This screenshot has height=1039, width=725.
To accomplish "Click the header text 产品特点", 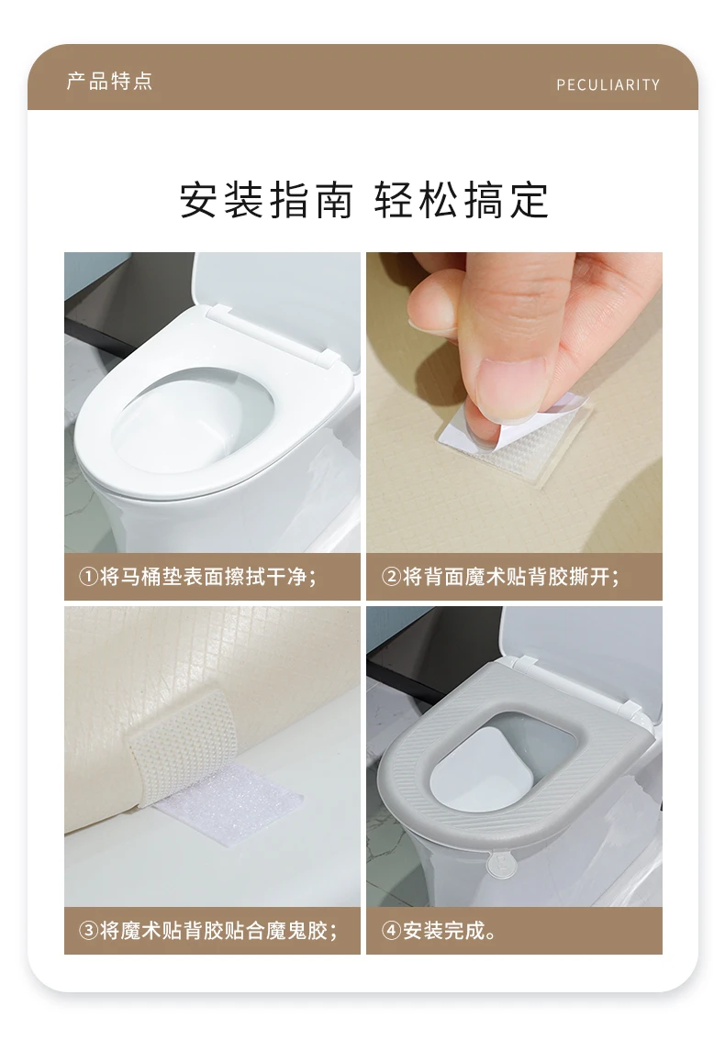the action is coord(109,81).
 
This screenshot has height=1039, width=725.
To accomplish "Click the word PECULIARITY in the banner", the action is coord(608,84).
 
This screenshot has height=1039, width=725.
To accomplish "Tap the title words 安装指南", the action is coord(266,199).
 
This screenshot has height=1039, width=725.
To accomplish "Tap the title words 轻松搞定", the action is coord(461,199).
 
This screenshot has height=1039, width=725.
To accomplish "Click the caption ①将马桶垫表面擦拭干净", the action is coord(197,577).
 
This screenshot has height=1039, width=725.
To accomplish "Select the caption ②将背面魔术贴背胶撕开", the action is coord(501,577).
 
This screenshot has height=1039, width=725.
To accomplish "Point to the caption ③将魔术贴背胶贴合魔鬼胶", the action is coord(208,930).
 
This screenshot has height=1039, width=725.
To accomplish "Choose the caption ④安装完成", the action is coord(439,930).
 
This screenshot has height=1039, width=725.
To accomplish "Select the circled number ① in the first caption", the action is coord(88,577).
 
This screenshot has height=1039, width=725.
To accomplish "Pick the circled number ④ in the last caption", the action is coord(391,930).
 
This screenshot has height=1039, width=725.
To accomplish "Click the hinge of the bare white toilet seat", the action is coord(273,335).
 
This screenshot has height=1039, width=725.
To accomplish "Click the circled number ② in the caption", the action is coord(391,577).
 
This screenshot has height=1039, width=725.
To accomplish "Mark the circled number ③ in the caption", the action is coord(88,930).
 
